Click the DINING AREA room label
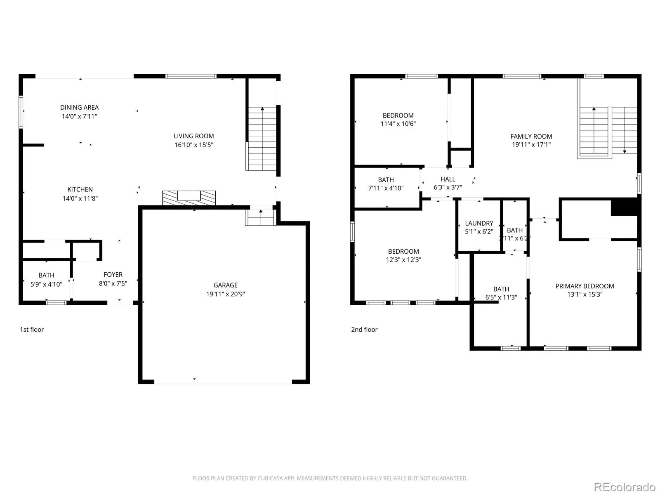pos(79,107)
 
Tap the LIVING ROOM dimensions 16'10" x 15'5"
pos(193,145)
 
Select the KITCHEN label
pos(80,189)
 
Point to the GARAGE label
pos(226,285)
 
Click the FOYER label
pos(113,274)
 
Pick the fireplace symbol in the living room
pos(189,198)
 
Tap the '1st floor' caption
pos(32,330)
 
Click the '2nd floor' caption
pos(364,330)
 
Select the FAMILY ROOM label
pos(531,137)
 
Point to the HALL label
pos(448,179)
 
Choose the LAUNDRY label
pos(479,223)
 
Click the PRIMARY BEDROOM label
pos(585,286)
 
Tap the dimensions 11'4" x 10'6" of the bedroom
pos(398,124)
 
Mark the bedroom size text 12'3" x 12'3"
pos(403,260)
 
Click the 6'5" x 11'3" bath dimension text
pos(501,297)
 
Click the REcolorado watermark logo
pos(625,487)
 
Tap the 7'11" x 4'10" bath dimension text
pos(386,188)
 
